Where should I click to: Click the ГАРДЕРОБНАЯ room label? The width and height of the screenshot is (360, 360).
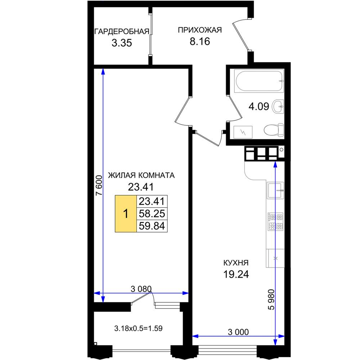[x=122, y=31]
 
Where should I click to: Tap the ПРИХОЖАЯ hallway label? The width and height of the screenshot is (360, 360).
[x=200, y=30]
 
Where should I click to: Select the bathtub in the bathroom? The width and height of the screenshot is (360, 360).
[x=259, y=81]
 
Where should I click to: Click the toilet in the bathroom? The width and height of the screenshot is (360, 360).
[x=274, y=130]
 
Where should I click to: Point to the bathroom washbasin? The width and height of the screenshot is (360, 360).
[x=278, y=107]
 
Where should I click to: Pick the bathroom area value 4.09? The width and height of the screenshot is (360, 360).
[x=259, y=107]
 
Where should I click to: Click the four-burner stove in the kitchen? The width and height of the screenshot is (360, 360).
[x=275, y=221]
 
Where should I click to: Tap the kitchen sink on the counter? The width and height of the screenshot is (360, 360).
[x=275, y=190]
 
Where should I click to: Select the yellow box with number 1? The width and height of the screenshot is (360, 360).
[x=126, y=213]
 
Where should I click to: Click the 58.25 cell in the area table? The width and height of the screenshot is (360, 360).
[x=152, y=213]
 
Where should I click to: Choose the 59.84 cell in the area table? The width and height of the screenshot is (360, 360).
[x=152, y=226]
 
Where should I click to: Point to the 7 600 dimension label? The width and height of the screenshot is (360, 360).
[x=99, y=185]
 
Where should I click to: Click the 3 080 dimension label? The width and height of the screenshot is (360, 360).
[x=141, y=289]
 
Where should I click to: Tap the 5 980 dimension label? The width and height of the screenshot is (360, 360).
[x=271, y=300]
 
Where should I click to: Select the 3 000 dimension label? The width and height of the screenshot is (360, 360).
[x=238, y=332]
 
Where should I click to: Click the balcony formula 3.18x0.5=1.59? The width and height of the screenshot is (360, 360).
[x=138, y=328]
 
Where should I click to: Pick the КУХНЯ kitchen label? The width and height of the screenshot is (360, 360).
[x=236, y=263]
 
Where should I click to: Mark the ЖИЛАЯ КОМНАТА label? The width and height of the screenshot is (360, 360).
[x=141, y=175]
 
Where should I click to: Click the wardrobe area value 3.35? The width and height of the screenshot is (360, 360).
[x=122, y=43]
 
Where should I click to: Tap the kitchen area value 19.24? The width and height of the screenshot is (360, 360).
[x=236, y=274]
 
